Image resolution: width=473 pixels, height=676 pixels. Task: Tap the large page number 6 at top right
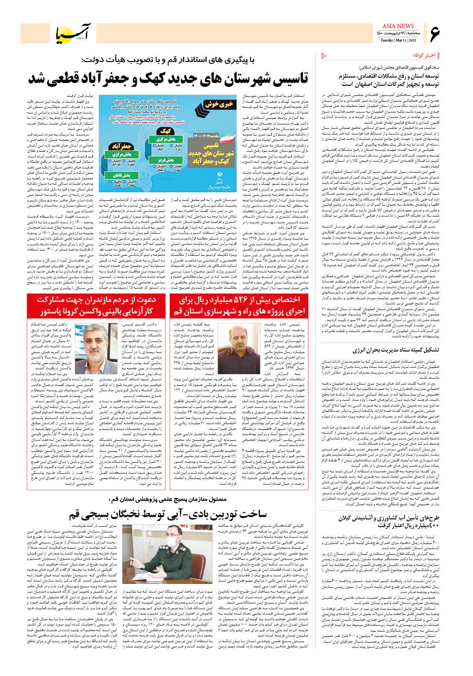pyautogui.click(x=434, y=34)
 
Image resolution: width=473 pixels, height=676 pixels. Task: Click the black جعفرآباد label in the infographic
pyautogui.click(x=120, y=146)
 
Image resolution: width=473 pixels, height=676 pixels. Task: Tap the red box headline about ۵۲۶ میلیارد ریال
pyautogui.click(x=239, y=305)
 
